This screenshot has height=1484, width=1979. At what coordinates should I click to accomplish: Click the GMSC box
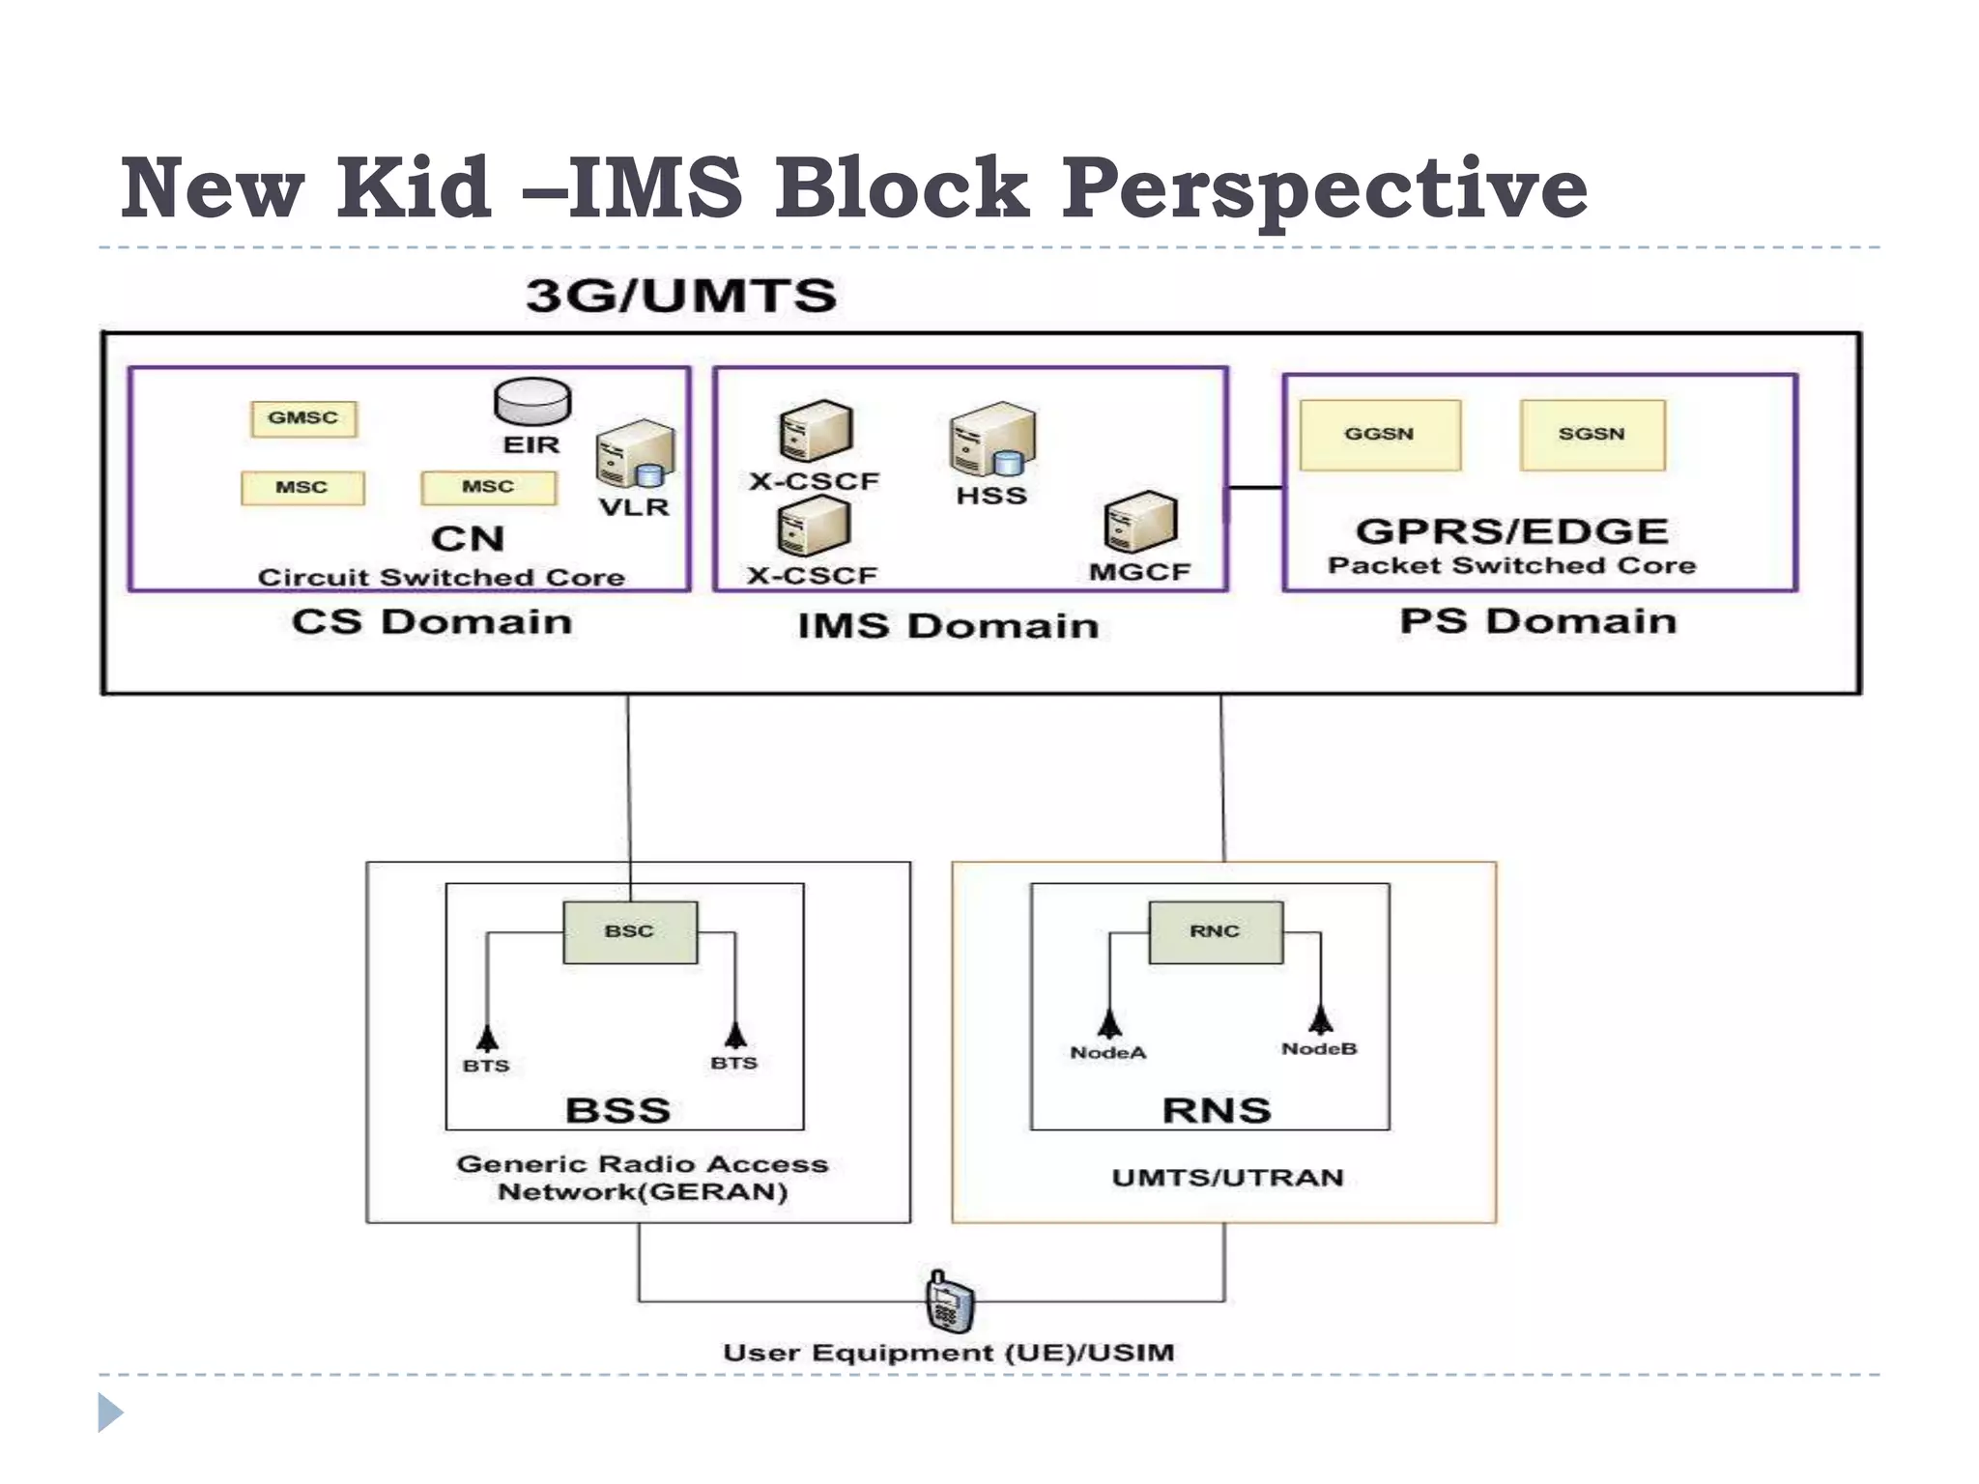303,418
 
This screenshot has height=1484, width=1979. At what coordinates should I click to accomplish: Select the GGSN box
1380,435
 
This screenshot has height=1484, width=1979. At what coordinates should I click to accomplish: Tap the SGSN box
1592,435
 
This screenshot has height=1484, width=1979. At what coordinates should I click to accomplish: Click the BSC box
630,932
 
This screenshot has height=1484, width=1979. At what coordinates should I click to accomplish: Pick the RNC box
1216,932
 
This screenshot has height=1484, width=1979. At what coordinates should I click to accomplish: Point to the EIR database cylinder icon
532,402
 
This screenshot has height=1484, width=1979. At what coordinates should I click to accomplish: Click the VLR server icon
634,454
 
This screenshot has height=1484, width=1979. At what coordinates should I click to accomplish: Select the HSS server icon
992,440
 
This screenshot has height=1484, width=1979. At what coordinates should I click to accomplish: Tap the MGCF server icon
1140,522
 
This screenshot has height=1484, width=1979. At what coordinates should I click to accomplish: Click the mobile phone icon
949,1301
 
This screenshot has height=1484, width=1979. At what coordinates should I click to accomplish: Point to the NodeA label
1108,1053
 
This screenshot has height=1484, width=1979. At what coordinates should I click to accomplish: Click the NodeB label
1319,1049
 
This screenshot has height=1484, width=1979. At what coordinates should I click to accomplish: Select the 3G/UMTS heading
681,296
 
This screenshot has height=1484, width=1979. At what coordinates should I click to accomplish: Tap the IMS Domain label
948,626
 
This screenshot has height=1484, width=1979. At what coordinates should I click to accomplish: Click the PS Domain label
1538,621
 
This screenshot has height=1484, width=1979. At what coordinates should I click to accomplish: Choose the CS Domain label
432,622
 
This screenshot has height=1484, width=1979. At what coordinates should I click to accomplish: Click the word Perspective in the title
1325,189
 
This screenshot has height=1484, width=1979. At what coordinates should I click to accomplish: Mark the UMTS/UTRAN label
1227,1178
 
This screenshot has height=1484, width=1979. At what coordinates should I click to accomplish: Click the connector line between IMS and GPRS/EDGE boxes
1255,488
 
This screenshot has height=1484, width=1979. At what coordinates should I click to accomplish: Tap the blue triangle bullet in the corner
110,1413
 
